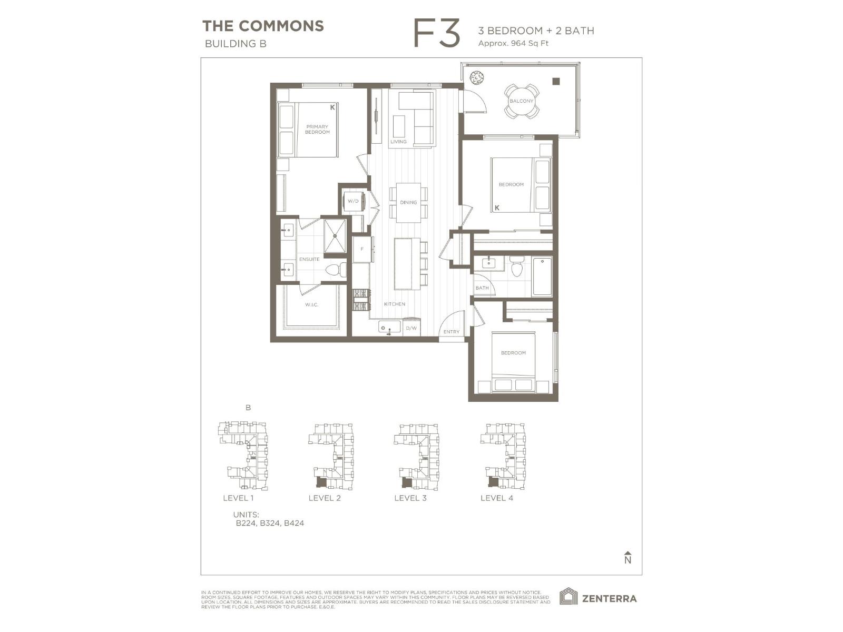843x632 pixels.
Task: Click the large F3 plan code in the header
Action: point(437,33)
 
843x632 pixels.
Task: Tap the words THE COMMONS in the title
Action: point(263,26)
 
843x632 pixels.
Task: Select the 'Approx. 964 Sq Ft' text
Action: point(513,43)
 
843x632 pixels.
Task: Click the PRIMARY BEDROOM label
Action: point(317,130)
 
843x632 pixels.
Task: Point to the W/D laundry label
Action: point(353,201)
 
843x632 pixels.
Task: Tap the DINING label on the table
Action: point(408,202)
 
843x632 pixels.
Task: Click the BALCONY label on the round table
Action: point(521,101)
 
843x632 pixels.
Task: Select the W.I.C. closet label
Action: point(311,305)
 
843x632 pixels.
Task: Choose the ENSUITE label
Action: point(309,259)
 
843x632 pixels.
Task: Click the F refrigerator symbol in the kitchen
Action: point(362,249)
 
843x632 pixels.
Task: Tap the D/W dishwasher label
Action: point(411,329)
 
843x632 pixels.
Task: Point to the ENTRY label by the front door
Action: point(451,332)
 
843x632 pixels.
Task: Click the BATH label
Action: point(482,288)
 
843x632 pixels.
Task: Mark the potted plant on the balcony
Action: point(477,78)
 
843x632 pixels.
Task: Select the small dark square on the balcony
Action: point(556,81)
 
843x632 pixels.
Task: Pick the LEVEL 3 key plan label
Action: point(410,498)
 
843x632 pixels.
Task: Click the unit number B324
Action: point(270,524)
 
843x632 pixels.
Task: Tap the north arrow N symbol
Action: point(628,558)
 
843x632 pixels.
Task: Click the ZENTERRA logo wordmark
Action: point(609,598)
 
